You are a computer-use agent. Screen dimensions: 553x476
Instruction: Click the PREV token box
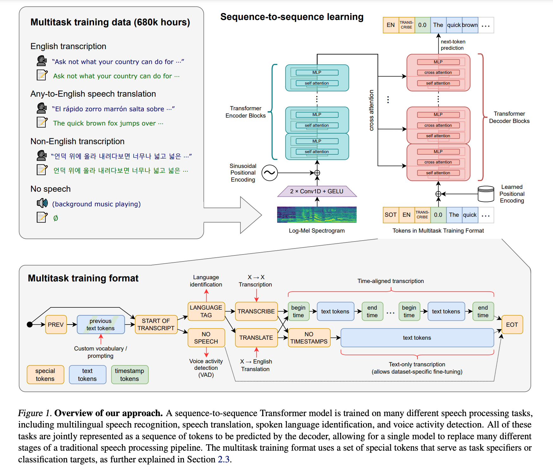click(x=56, y=325)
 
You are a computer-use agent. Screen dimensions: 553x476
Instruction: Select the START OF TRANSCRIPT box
click(x=156, y=325)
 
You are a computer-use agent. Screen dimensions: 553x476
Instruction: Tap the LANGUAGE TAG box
click(x=206, y=311)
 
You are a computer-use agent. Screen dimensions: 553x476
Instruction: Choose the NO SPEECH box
click(x=206, y=338)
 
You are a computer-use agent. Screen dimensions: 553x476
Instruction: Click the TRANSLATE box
click(x=256, y=338)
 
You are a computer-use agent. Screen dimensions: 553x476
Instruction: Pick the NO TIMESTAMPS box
click(x=309, y=338)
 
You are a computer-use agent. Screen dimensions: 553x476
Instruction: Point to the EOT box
click(x=512, y=325)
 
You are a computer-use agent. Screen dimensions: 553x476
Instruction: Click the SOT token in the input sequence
click(x=391, y=215)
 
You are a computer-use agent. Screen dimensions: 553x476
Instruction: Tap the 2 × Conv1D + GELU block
click(x=317, y=191)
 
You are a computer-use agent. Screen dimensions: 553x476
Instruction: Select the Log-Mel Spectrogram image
click(x=317, y=215)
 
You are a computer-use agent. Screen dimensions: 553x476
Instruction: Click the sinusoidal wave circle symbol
click(x=270, y=173)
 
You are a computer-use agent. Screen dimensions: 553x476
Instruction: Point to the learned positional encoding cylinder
click(x=486, y=194)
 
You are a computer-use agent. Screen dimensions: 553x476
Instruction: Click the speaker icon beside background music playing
click(x=42, y=203)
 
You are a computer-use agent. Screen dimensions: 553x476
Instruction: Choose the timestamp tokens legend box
click(x=130, y=375)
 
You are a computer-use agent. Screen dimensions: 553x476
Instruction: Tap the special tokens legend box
click(x=45, y=375)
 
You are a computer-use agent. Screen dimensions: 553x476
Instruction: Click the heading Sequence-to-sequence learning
click(x=292, y=17)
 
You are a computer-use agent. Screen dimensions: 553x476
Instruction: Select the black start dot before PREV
click(x=30, y=325)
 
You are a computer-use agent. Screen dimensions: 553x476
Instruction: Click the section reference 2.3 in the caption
click(x=223, y=459)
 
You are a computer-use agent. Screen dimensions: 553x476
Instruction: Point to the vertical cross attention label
click(x=372, y=110)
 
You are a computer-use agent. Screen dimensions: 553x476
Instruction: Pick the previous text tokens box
click(x=101, y=325)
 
